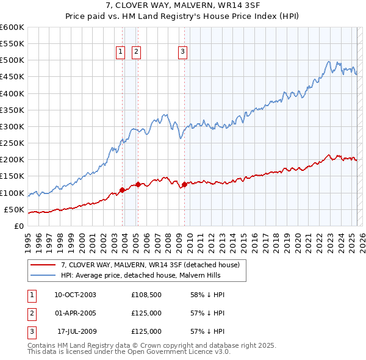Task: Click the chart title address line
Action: point(183,6)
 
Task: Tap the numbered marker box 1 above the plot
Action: point(120,52)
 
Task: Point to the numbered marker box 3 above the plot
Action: point(182,52)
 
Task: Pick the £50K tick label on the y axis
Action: point(14,210)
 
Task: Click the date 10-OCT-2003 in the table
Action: point(75,295)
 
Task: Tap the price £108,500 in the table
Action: point(146,295)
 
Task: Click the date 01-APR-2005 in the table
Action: point(75,313)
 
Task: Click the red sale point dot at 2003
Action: point(122,190)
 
